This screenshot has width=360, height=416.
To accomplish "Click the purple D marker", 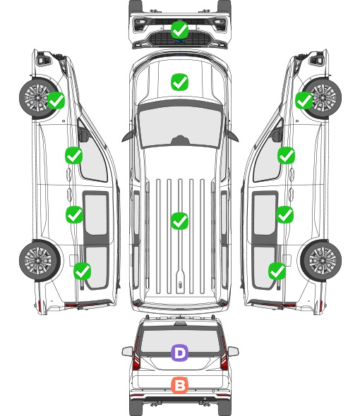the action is (x=179, y=353).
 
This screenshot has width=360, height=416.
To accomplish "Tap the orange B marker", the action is (x=179, y=385).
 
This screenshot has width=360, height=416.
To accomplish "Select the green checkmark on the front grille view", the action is (x=179, y=30).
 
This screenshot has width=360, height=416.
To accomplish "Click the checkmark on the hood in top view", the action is (x=179, y=82).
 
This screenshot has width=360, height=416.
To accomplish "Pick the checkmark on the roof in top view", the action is (x=179, y=221).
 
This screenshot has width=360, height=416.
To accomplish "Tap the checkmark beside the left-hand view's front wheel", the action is (x=56, y=100).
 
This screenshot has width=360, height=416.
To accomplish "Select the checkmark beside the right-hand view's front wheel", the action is (x=304, y=100).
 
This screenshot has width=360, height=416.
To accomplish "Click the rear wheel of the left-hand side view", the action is (x=40, y=261).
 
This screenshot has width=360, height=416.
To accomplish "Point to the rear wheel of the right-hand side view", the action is (x=321, y=261).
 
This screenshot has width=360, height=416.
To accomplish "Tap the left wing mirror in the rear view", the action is (x=127, y=352).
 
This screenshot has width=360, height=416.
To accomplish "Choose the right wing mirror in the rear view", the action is (x=233, y=352).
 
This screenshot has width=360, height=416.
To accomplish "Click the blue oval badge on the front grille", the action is (x=180, y=41).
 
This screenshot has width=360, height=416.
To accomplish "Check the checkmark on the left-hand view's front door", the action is (x=74, y=155).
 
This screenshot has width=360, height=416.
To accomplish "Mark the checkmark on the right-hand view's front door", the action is (x=286, y=155).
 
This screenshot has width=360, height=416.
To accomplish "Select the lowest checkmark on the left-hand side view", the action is (x=83, y=271).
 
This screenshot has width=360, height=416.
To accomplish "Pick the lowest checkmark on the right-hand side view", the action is (x=277, y=271).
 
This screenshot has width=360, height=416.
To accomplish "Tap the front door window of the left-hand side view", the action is (x=93, y=157).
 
